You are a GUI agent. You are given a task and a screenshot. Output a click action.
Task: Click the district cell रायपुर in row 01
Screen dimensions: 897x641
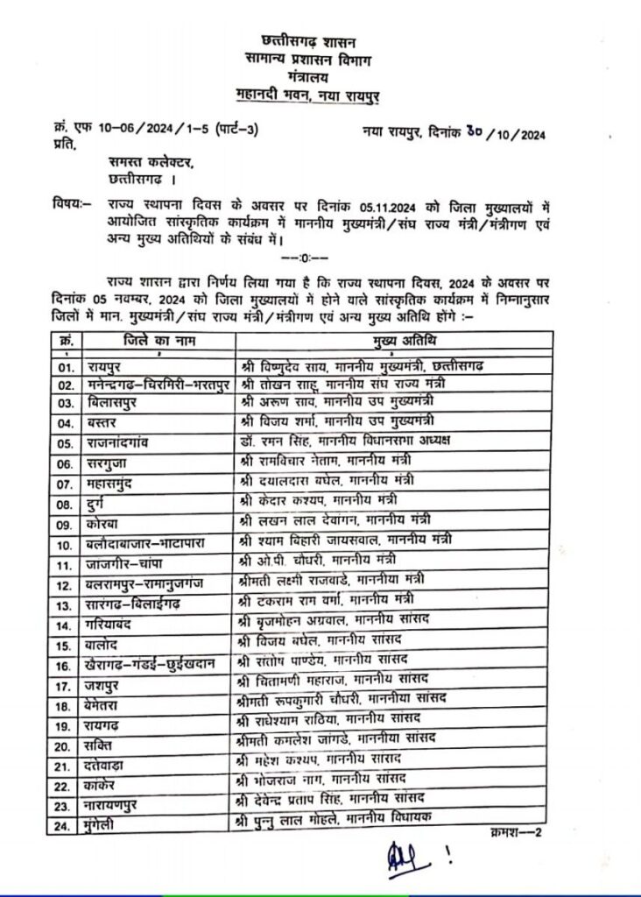[106, 363]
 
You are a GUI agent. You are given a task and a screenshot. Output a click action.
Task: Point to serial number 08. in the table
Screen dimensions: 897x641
[63, 505]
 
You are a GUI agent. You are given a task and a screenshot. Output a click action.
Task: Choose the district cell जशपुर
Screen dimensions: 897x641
[105, 679]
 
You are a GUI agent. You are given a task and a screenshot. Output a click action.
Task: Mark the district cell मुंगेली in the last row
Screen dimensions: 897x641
[104, 825]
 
